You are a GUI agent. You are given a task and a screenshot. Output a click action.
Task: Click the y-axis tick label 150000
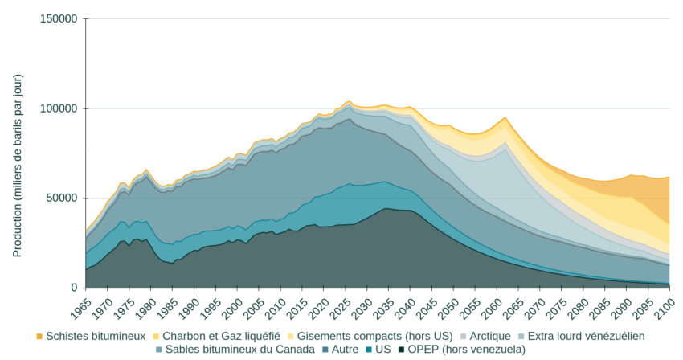coord(58,19)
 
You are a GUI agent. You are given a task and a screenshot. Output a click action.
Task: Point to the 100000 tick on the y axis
coord(58,108)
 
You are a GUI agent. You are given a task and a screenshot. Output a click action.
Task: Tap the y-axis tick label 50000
coord(61,198)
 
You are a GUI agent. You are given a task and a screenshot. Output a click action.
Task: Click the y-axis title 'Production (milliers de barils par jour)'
coord(18,166)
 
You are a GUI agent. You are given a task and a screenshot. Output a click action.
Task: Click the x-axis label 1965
coord(79,308)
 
